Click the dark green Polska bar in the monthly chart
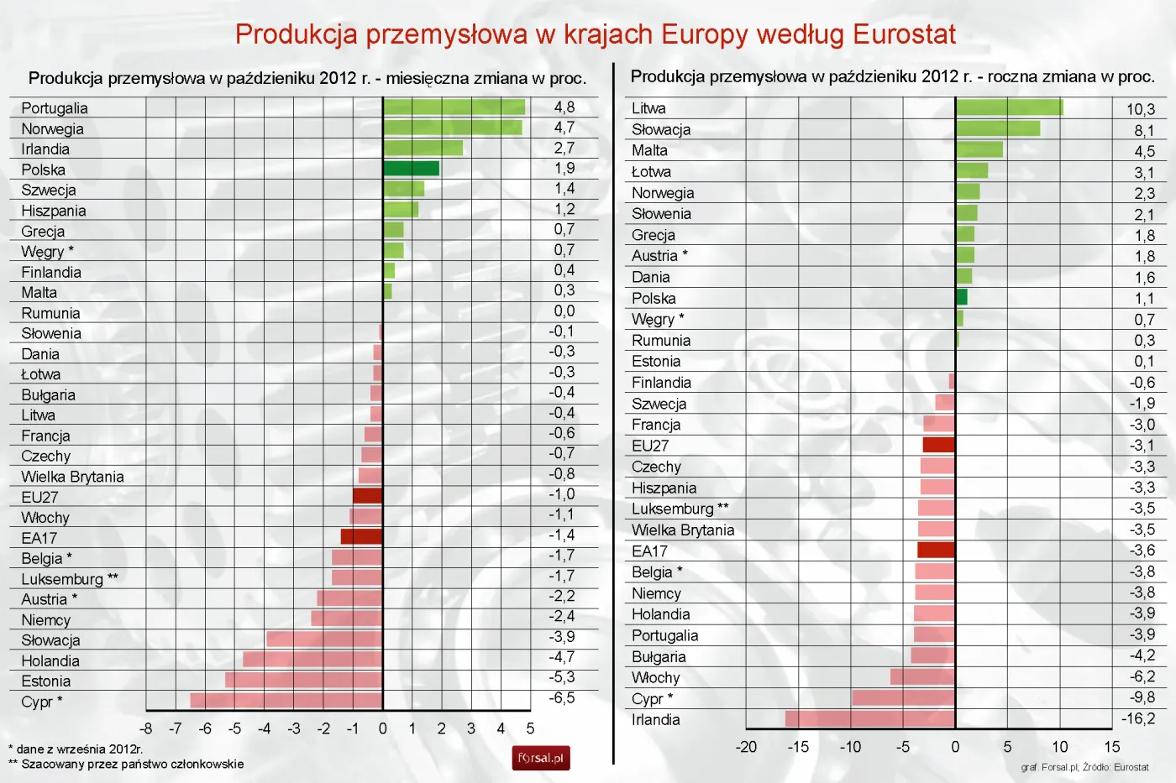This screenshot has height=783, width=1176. (411, 169)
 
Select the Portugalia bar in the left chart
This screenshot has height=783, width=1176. (454, 107)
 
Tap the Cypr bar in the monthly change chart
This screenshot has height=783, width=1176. (286, 700)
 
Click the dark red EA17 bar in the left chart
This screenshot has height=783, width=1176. (361, 536)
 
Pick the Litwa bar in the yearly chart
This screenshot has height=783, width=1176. (1009, 107)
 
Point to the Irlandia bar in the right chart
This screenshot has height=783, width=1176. (870, 718)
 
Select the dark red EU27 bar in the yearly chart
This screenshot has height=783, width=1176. (938, 445)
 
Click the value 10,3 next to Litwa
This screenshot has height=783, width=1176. (1140, 109)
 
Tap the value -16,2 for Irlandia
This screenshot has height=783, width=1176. (1137, 718)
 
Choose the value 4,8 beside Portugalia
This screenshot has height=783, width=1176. (564, 107)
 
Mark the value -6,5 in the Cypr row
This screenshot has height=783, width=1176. (562, 698)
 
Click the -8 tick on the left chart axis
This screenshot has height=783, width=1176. (146, 728)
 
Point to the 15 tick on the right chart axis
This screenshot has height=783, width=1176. (1111, 747)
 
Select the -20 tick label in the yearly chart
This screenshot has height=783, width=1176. (746, 747)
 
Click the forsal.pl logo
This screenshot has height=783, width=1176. (541, 758)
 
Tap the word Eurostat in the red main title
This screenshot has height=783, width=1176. (904, 34)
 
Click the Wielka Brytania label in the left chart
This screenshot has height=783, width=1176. (72, 477)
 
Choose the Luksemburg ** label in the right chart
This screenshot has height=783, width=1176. (680, 509)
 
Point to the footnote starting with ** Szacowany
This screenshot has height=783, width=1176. (126, 764)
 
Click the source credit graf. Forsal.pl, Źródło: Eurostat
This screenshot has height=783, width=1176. (1084, 767)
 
